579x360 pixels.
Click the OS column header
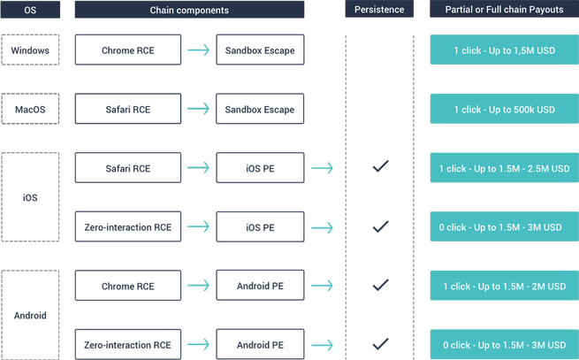tap(30, 10)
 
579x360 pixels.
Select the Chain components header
tap(189, 10)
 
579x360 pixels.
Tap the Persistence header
tap(379, 9)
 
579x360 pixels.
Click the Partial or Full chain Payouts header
tap(504, 9)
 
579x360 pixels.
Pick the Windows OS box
tap(30, 50)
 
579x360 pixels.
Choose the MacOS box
tap(30, 109)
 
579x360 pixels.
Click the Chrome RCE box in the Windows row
tap(128, 50)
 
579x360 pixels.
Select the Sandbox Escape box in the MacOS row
tap(260, 109)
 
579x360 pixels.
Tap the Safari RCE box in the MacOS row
tap(128, 109)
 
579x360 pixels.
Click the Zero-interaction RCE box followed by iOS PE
tap(128, 226)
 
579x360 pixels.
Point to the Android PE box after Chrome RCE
tap(260, 286)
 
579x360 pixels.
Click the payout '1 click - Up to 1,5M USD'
tap(505, 50)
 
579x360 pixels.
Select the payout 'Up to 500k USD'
tap(505, 109)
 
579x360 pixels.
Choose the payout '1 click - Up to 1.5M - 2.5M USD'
tap(505, 168)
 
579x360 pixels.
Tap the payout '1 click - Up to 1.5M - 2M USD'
tap(505, 286)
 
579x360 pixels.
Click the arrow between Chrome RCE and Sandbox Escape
tap(198, 50)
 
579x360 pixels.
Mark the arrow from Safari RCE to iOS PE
tap(198, 168)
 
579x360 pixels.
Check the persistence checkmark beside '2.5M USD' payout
tap(380, 166)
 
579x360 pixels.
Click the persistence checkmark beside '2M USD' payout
tap(380, 285)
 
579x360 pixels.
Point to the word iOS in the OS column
tap(30, 198)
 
